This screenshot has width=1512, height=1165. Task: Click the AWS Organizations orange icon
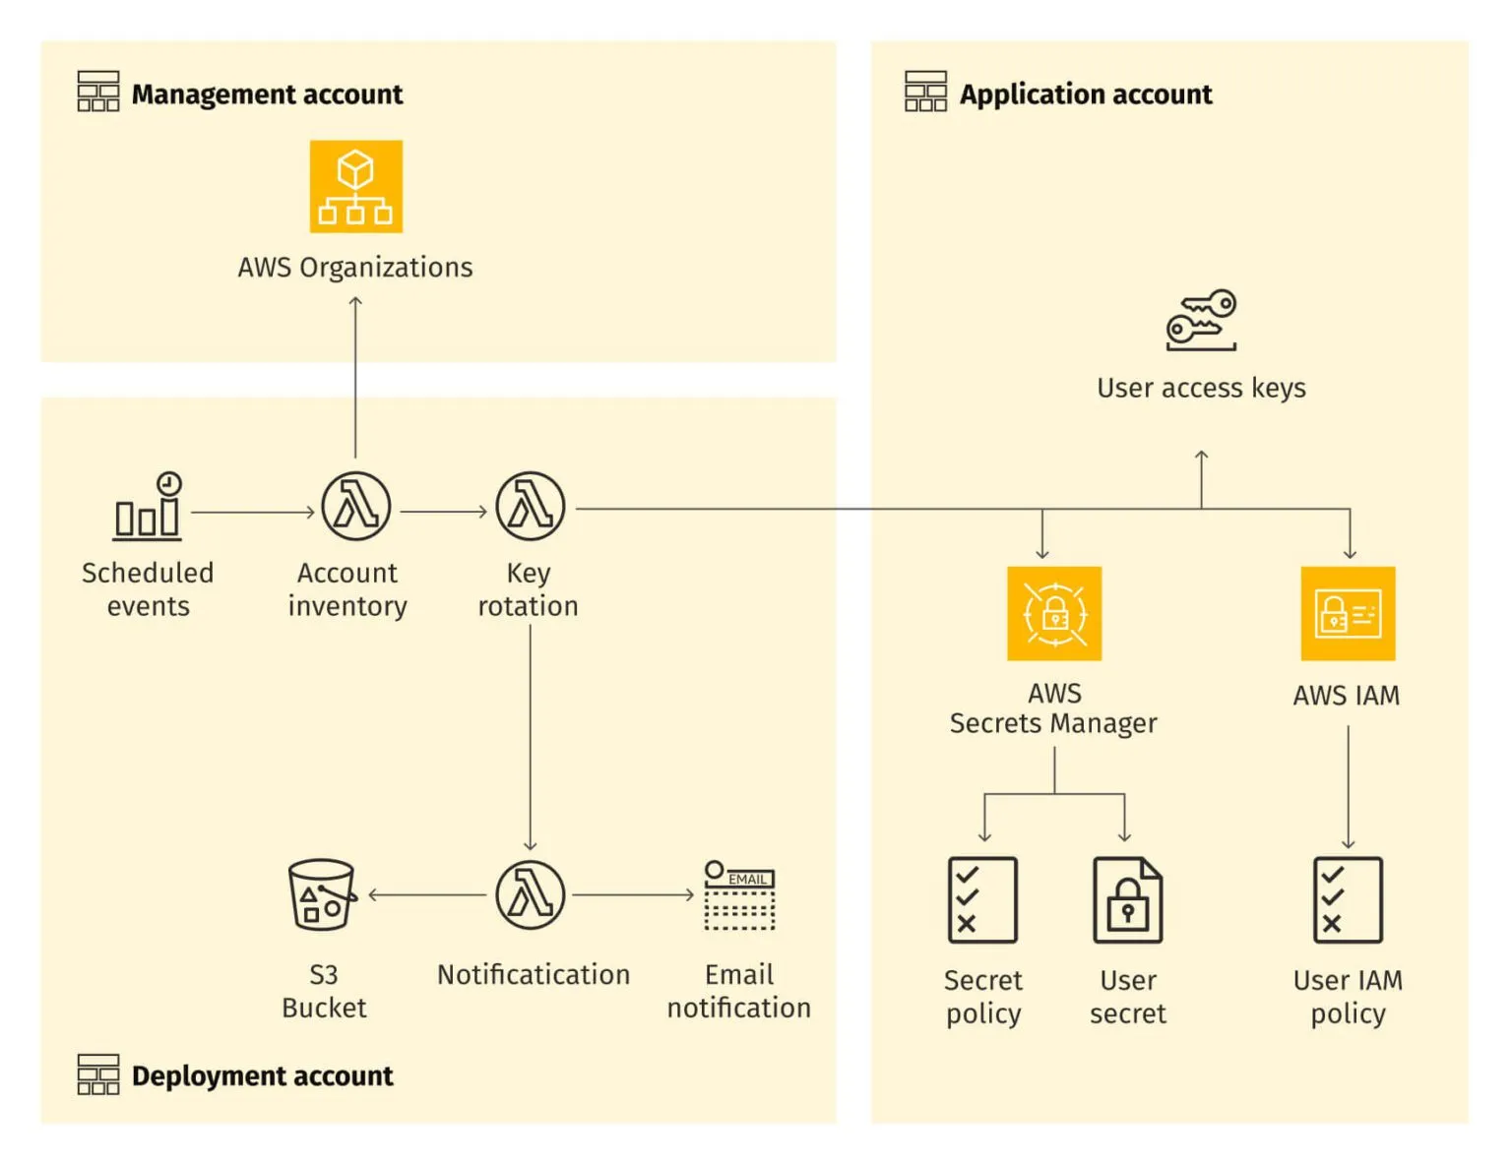tap(355, 186)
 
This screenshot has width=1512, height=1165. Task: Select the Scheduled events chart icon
tap(148, 507)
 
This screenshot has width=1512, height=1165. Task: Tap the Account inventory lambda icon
tap(355, 507)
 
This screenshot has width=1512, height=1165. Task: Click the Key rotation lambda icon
tap(530, 507)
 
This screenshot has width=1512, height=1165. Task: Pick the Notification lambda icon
tap(530, 894)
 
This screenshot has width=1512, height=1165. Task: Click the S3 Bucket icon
tap(322, 894)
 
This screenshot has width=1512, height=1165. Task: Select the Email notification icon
tap(739, 894)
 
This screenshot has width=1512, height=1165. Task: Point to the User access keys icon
tap(1201, 320)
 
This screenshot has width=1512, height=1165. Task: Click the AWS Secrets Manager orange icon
tap(1053, 613)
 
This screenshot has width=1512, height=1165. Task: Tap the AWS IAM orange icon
tap(1348, 613)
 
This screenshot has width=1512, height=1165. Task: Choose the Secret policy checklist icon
tap(982, 899)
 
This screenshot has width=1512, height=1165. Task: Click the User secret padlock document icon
tap(1127, 899)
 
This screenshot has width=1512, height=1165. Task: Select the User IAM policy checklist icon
tap(1348, 899)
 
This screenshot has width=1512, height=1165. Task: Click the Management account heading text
tap(267, 94)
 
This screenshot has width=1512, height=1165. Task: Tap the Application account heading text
tap(1085, 94)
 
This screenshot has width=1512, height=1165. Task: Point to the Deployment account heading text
tap(262, 1075)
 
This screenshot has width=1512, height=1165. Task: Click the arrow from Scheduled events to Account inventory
tap(252, 512)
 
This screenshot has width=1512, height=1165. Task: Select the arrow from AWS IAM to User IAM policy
tap(1348, 787)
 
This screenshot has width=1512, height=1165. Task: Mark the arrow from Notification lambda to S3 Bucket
tap(428, 894)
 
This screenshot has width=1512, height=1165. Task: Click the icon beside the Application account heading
tap(925, 92)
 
